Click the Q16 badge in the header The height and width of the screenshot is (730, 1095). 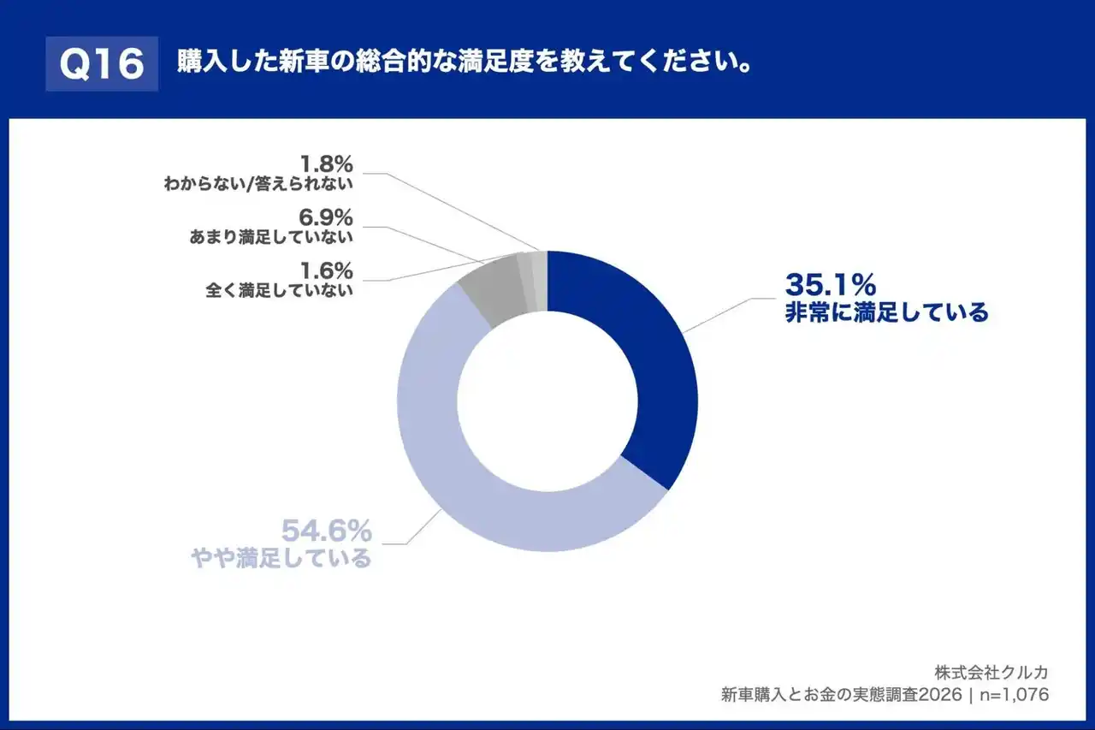pos(101,63)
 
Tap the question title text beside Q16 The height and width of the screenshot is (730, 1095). pos(465,63)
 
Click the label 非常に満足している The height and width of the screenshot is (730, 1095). pos(886,312)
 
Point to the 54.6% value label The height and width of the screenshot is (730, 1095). pos(327,531)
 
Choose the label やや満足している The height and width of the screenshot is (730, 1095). pos(280,559)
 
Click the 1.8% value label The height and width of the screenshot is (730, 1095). pos(326,163)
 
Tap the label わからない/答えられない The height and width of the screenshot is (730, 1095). pos(258,182)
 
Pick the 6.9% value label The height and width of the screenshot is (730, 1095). pos(326,218)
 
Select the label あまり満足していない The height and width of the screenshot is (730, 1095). pos(271,237)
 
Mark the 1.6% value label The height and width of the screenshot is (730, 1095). pos(326,271)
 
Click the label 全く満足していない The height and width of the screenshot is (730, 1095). pos(280,290)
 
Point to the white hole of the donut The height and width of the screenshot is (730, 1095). pos(547,401)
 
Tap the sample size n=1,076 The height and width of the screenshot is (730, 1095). pos(1014,695)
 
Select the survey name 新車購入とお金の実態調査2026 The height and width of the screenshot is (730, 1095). pos(842,695)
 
